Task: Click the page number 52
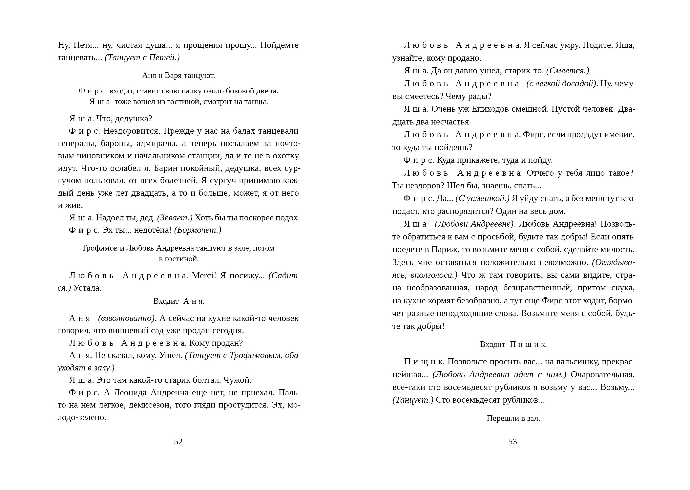178,442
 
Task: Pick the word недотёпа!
153,230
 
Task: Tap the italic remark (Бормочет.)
198,230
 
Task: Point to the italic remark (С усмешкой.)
482,198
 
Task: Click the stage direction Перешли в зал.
513,418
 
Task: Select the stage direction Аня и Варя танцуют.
178,76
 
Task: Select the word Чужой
237,380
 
